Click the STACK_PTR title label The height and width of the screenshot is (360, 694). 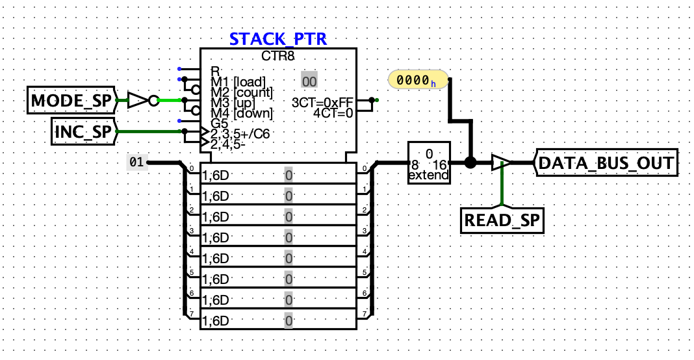277,38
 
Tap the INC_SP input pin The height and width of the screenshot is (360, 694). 83,132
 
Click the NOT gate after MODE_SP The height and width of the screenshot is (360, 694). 140,100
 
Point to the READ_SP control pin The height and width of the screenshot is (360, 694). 502,221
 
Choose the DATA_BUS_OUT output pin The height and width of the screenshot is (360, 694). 606,162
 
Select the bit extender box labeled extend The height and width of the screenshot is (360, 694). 428,163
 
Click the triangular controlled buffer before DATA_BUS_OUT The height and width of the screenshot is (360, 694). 500,162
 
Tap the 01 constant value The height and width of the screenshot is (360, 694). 136,162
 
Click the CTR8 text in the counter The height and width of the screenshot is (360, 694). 278,57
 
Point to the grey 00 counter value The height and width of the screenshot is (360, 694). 309,81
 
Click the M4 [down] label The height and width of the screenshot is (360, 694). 241,112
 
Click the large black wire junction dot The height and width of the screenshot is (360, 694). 470,162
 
